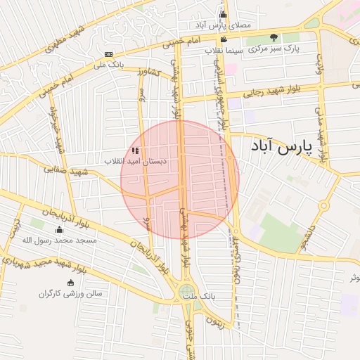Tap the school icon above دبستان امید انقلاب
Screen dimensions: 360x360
(135, 150)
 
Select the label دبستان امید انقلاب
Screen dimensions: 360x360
(135, 161)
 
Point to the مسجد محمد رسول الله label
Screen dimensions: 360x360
(59, 240)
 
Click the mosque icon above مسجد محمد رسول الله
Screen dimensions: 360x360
(59, 230)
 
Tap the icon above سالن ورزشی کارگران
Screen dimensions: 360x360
(70, 282)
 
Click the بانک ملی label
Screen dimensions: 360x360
(108, 65)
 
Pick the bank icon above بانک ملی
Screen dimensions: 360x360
(108, 54)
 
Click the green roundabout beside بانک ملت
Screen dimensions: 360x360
(186, 291)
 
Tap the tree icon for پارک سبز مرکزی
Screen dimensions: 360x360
(274, 38)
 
